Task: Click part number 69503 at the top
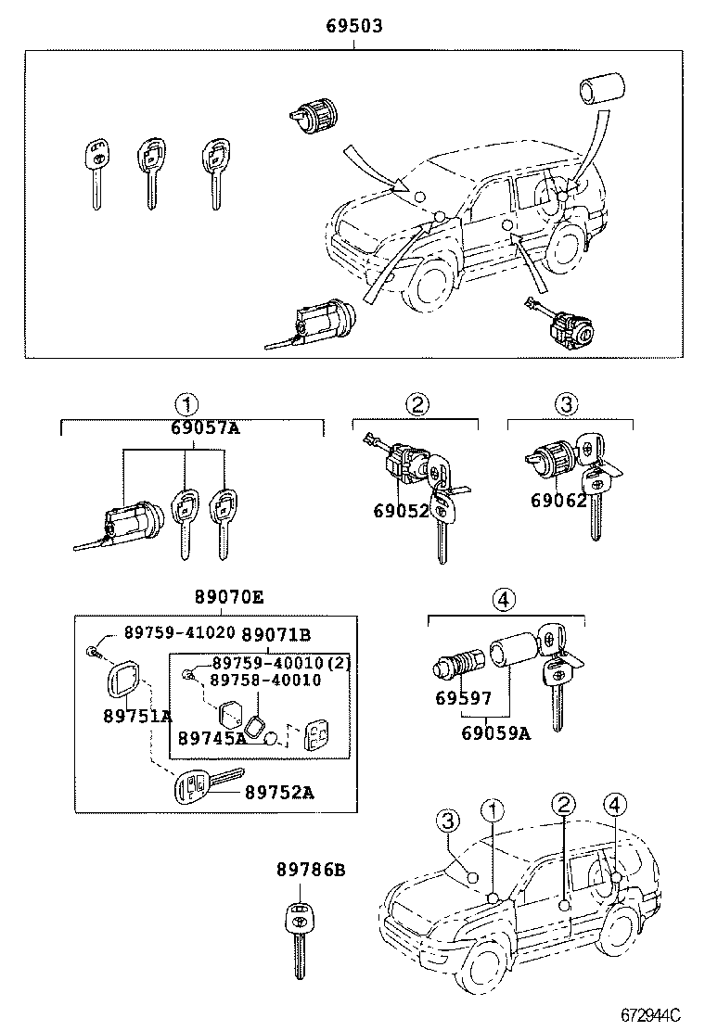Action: (x=354, y=26)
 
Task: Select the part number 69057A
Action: (x=205, y=428)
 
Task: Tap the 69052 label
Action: (x=401, y=511)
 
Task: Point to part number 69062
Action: (x=558, y=501)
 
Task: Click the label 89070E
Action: (x=229, y=597)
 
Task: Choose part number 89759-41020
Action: (x=180, y=632)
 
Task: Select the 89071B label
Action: (x=276, y=634)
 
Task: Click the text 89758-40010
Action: (x=266, y=680)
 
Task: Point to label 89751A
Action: (x=137, y=716)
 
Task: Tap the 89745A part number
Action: (x=212, y=738)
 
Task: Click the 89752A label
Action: (x=279, y=793)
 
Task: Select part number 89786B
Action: (x=311, y=870)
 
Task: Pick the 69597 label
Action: (x=463, y=697)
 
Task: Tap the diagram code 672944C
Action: (x=650, y=1014)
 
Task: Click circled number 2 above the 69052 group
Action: (x=417, y=404)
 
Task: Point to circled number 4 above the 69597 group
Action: (x=503, y=599)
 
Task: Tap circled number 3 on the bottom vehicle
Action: (x=447, y=821)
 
